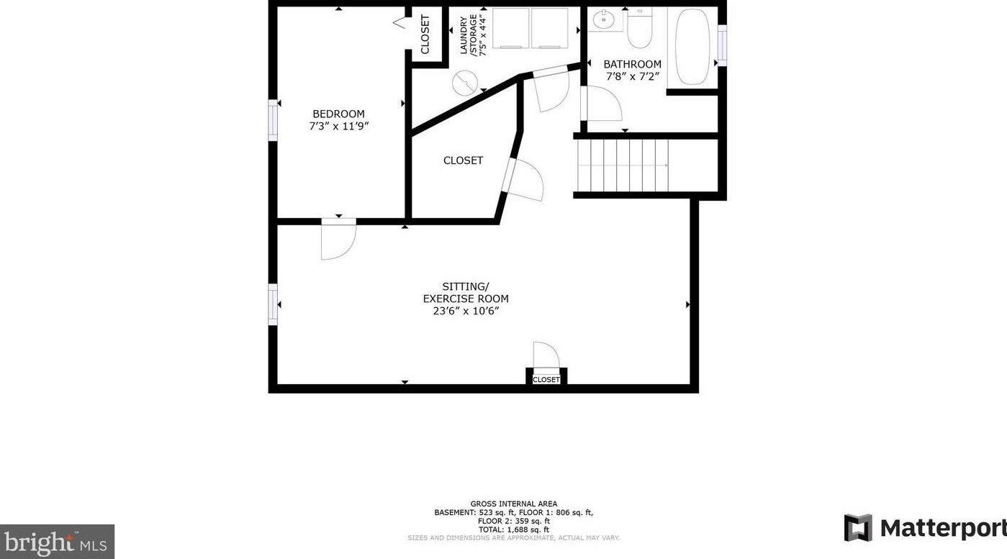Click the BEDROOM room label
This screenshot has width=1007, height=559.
pos(338,114)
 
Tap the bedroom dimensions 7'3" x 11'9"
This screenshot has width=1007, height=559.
pos(338,127)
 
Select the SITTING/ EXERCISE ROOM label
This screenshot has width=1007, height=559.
pos(466,292)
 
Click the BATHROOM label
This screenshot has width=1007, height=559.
pos(632,64)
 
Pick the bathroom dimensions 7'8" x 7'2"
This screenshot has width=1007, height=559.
pos(633,76)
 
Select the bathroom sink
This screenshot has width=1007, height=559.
pos(602,19)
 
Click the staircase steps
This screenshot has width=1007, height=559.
pos(623,165)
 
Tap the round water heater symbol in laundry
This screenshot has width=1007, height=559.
pos(464,83)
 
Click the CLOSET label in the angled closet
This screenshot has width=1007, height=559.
pos(463,160)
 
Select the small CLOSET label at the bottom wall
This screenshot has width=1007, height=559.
pos(546,379)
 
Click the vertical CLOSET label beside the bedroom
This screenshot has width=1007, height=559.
pos(425,34)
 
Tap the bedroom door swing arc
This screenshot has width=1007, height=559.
pos(339,241)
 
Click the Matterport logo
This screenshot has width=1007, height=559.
pos(924,528)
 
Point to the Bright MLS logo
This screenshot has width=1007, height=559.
pos(57,540)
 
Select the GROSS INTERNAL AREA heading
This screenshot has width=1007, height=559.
pos(513,504)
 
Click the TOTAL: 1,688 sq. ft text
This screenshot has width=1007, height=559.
pos(513,530)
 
